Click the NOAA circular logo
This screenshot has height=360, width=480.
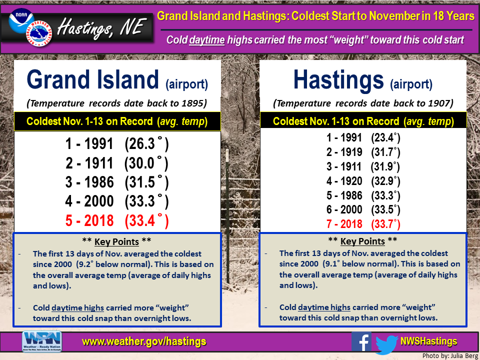pyautogui.click(x=21, y=20)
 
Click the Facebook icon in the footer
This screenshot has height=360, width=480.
pyautogui.click(x=361, y=341)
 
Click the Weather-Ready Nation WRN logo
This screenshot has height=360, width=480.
pyautogui.click(x=42, y=341)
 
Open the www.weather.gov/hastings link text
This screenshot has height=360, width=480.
pyautogui.click(x=144, y=341)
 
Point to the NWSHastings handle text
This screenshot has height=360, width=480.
pyautogui.click(x=428, y=341)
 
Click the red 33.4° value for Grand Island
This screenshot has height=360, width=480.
pyautogui.click(x=146, y=220)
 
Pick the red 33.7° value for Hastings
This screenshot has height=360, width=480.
pyautogui.click(x=385, y=224)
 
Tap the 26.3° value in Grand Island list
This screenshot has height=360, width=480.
pyautogui.click(x=146, y=144)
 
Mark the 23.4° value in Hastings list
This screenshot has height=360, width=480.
pyautogui.click(x=385, y=138)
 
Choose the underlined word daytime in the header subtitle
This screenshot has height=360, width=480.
pyautogui.click(x=207, y=40)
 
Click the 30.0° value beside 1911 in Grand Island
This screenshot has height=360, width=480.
pyautogui.click(x=146, y=163)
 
